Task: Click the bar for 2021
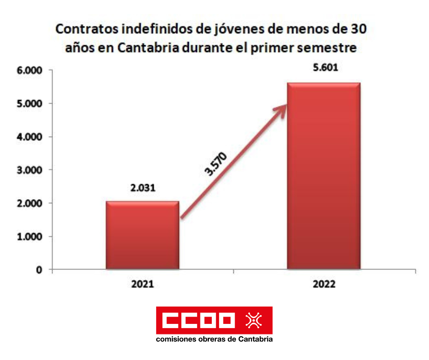(x=142, y=235)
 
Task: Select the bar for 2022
(x=324, y=176)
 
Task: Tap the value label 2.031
(x=142, y=188)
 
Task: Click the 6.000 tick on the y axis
(x=29, y=71)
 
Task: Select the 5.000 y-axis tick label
(x=29, y=104)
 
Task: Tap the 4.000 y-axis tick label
(x=29, y=137)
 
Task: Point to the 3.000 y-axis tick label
(x=29, y=170)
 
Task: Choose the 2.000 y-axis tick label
(x=29, y=203)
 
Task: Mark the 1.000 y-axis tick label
(x=29, y=237)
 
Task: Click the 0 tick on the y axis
(x=39, y=270)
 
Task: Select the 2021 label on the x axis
(x=142, y=284)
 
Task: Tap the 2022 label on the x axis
(x=324, y=284)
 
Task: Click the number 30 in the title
(x=357, y=30)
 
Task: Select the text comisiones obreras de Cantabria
(x=214, y=339)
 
